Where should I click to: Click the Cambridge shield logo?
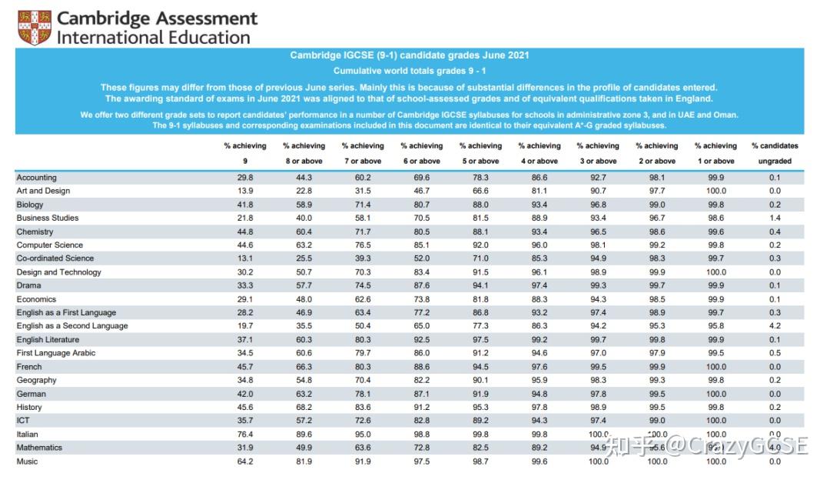point(34,28)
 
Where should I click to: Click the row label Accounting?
point(37,178)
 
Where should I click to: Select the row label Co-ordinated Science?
point(55,258)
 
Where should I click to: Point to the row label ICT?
point(23,421)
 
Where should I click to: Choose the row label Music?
point(27,461)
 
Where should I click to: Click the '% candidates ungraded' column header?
point(775,153)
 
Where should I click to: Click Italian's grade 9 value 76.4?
point(245,435)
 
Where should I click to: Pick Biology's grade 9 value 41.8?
point(245,205)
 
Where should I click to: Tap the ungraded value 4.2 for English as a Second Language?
point(775,326)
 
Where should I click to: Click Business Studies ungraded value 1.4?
point(775,218)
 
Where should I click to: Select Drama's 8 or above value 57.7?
point(304,285)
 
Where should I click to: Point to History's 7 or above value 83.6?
point(363,407)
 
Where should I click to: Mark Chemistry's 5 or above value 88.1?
point(480,232)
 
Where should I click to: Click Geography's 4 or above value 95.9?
point(539,380)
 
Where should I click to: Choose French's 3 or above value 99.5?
point(598,367)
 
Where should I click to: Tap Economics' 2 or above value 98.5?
point(657,299)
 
